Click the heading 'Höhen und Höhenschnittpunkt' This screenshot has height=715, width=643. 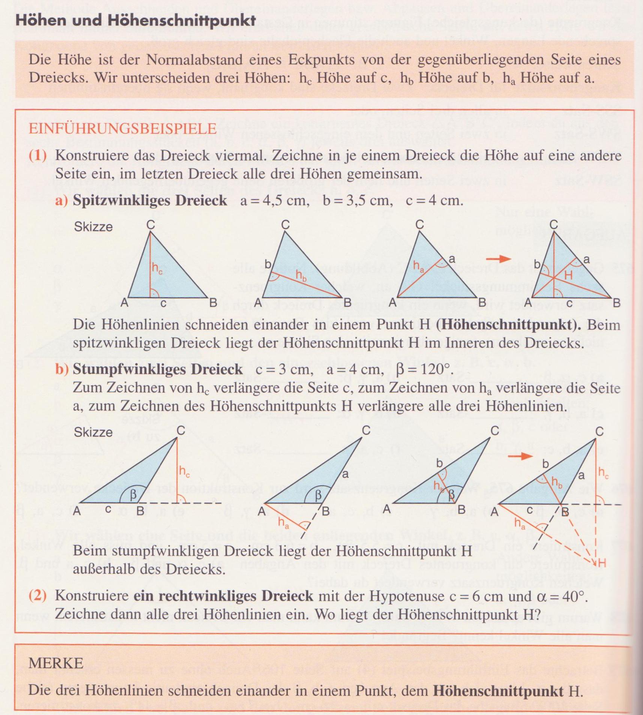coord(135,20)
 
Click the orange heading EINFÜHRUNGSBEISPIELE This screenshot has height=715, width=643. coord(123,129)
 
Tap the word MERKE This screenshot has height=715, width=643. coord(55,663)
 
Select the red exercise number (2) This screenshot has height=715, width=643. coord(38,595)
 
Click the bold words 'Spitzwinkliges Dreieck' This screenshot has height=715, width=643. coord(150,200)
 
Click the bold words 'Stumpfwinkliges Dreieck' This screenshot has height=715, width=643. coord(157,369)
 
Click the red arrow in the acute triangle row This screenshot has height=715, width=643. coord(498,259)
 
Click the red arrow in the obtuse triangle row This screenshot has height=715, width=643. coord(521,456)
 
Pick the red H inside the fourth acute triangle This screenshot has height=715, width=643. coord(568,275)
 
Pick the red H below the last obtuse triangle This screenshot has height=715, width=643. coord(602,563)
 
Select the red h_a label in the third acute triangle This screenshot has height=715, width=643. coord(418,266)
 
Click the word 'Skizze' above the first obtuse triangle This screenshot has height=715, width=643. coord(93,432)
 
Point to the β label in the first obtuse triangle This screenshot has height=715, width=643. coord(133,495)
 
